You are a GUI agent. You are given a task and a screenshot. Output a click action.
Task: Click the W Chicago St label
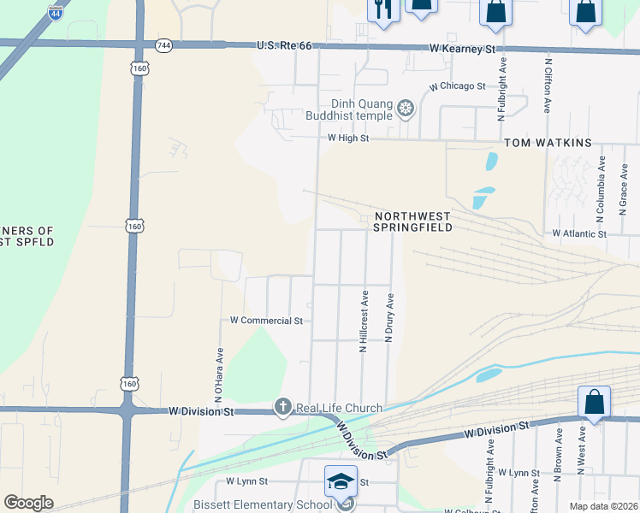pos(457,86)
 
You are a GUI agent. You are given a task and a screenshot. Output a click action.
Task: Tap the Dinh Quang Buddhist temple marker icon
pos(405,109)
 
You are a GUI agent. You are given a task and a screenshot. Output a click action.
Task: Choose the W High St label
pos(347,138)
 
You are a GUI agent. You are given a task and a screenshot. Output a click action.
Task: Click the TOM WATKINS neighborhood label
pos(548,142)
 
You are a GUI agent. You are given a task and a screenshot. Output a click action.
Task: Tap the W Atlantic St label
pos(579,233)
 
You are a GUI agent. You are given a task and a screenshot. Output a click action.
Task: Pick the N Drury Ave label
pos(389,318)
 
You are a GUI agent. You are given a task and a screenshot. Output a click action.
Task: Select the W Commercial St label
pos(266,321)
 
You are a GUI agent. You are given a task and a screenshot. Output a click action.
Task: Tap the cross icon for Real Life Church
pos(283,408)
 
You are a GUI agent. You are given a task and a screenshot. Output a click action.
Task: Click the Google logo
pos(29,503)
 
